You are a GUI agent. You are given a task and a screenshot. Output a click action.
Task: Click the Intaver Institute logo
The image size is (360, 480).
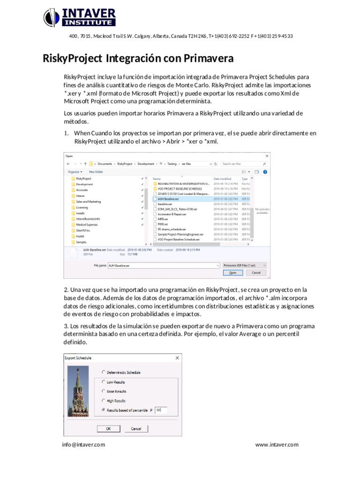[79, 17]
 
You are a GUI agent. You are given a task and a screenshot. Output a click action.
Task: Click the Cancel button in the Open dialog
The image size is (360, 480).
[256, 272]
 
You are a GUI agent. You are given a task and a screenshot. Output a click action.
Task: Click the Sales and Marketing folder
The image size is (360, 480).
[88, 202]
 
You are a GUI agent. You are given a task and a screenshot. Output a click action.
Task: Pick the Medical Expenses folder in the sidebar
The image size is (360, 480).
[87, 225]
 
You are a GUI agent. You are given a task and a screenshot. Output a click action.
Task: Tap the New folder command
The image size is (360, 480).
[96, 172]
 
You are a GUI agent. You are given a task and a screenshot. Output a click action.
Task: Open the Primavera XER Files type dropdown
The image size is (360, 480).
[244, 265]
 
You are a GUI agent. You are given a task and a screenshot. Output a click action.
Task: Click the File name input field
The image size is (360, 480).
[164, 265]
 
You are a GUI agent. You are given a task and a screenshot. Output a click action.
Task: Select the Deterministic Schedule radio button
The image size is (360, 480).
[104, 372]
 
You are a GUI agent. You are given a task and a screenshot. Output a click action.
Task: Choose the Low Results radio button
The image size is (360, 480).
[104, 382]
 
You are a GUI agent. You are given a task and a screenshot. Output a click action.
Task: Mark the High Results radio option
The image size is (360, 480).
[104, 401]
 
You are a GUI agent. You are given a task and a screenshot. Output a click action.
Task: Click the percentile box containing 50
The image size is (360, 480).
[161, 410]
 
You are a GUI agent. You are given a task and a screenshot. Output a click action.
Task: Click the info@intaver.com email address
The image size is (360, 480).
[83, 445]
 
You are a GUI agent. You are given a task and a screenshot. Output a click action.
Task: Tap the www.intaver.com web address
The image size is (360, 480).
[277, 445]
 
